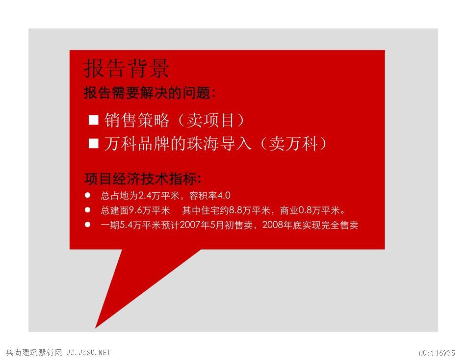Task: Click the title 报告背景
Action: [127, 68]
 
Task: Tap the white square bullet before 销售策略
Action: [93, 120]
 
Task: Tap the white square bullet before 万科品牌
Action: [93, 143]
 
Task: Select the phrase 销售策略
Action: [137, 120]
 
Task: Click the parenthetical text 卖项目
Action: [210, 120]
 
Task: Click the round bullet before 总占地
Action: [87, 195]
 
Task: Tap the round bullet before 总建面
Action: [87, 210]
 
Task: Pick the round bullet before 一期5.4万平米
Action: [87, 225]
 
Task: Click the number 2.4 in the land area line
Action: [146, 196]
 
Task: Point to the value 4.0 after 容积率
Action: [224, 196]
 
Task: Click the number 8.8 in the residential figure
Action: [235, 210]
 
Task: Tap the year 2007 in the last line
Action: [190, 225]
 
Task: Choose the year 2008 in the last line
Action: [273, 225]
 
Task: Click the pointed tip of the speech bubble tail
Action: [95, 328]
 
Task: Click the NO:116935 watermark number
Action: [437, 353]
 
